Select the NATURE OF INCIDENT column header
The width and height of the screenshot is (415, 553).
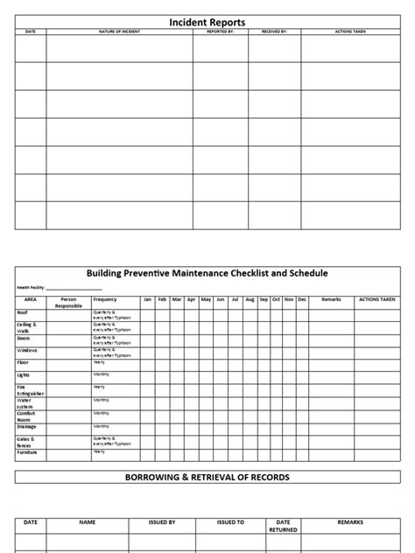point(119,31)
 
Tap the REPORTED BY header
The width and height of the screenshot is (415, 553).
point(220,31)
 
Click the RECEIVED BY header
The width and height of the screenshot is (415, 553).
point(274,31)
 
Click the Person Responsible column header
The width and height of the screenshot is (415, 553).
point(68,302)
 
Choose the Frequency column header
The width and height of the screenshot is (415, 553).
point(104,299)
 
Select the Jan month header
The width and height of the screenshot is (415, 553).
point(148,299)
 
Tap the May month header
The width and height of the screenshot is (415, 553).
point(206,299)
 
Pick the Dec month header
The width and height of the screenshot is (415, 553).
point(302,299)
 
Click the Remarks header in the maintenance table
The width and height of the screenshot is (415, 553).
point(331,299)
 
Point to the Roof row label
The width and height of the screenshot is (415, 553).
point(22,311)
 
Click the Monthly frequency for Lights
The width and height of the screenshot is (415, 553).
point(102,374)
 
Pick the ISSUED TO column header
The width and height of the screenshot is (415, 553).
point(231,521)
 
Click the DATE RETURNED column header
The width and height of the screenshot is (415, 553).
point(284,525)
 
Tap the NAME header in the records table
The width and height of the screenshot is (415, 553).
point(87,521)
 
